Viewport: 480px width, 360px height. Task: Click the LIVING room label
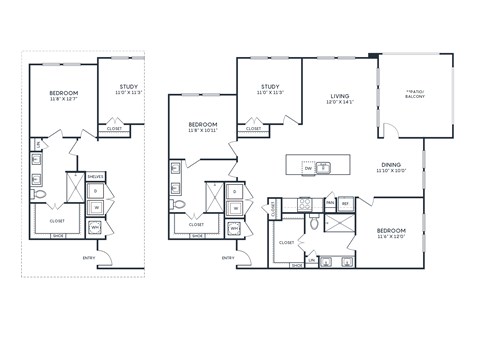pyautogui.click(x=341, y=95)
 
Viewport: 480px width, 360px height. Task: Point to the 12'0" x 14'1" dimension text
pyautogui.click(x=341, y=102)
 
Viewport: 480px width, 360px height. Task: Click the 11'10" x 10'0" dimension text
pyautogui.click(x=391, y=171)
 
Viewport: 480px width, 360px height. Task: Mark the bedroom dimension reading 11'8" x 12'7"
pyautogui.click(x=65, y=99)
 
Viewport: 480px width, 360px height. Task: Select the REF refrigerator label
pyautogui.click(x=345, y=203)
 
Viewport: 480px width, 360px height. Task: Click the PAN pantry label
pyautogui.click(x=328, y=203)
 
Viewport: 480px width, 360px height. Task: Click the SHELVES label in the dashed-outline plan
pyautogui.click(x=96, y=176)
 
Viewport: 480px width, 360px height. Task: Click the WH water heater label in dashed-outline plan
pyautogui.click(x=96, y=227)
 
